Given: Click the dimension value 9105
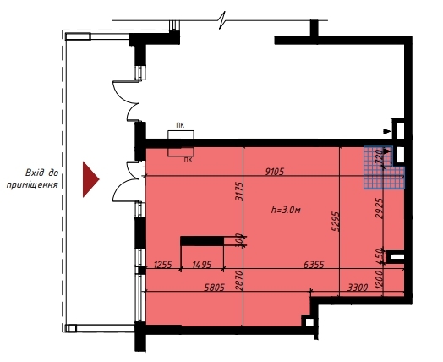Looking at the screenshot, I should point(272,171).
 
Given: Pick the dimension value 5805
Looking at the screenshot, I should point(195,287).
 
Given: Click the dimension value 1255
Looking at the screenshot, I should point(162,265).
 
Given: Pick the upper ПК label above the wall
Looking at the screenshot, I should point(180,125).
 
